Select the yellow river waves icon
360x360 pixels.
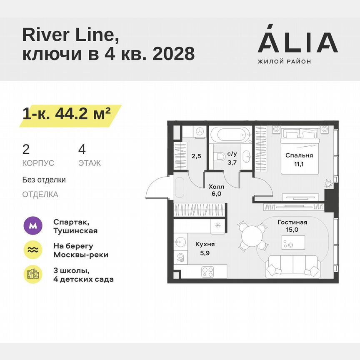click(32, 250)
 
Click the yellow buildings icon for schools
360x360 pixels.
click(32, 274)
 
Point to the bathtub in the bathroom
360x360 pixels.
click(229, 135)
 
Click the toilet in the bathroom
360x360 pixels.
click(220, 156)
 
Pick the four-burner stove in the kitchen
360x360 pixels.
click(207, 272)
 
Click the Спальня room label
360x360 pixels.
click(299, 155)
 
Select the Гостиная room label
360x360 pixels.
click(292, 222)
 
